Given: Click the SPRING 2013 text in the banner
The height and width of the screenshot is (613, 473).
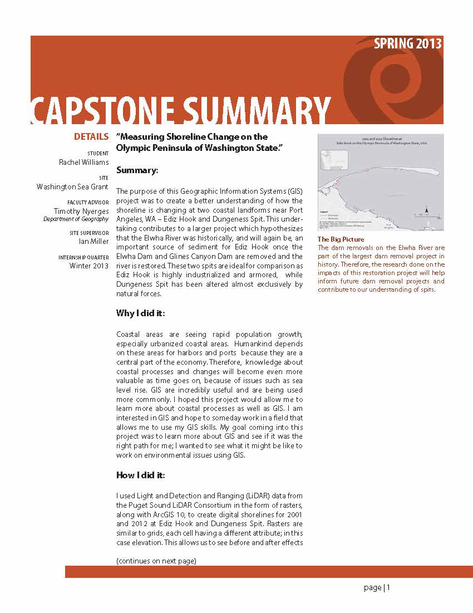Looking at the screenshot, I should tap(408, 44).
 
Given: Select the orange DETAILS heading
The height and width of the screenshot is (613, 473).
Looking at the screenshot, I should tap(91, 136).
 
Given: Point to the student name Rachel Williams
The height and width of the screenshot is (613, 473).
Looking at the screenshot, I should tap(84, 163).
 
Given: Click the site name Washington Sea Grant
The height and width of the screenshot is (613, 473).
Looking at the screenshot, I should tap(73, 187).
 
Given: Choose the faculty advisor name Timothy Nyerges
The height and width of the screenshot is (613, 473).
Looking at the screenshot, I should tap(81, 211).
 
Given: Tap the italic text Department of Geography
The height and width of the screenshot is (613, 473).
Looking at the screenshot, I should tap(76, 219).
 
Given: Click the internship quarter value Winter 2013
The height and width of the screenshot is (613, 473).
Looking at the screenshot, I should tap(89, 266).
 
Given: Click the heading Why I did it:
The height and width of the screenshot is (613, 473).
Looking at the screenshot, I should tap(140, 313).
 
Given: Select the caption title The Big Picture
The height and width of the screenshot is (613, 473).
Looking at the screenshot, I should tap(341, 239).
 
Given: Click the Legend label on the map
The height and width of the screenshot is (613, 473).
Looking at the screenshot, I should tap(324, 212).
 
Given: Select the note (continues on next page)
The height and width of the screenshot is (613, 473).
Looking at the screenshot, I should tap(156, 561).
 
